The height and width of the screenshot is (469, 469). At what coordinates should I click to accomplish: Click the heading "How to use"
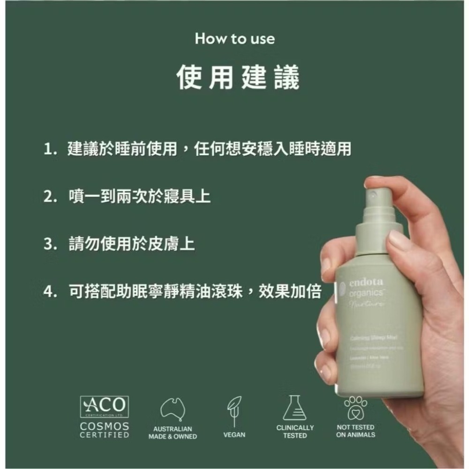point(234,39)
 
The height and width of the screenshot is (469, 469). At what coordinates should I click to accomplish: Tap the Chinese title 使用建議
point(238,78)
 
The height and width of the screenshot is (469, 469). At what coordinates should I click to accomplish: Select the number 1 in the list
point(48,150)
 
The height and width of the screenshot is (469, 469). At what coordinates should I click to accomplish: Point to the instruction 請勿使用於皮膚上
point(131,244)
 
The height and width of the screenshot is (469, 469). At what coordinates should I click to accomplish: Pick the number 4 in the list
point(48,292)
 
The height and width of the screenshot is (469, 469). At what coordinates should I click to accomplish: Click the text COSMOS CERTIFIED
point(104,431)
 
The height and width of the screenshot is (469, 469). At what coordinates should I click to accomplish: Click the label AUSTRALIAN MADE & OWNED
point(173,433)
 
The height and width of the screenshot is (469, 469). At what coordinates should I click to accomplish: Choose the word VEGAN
point(234,435)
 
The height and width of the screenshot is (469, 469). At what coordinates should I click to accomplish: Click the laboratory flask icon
point(295,408)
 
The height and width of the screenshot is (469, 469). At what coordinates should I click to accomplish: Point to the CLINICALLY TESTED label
point(295,431)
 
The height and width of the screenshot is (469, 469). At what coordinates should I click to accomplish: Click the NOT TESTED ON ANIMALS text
point(356,431)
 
